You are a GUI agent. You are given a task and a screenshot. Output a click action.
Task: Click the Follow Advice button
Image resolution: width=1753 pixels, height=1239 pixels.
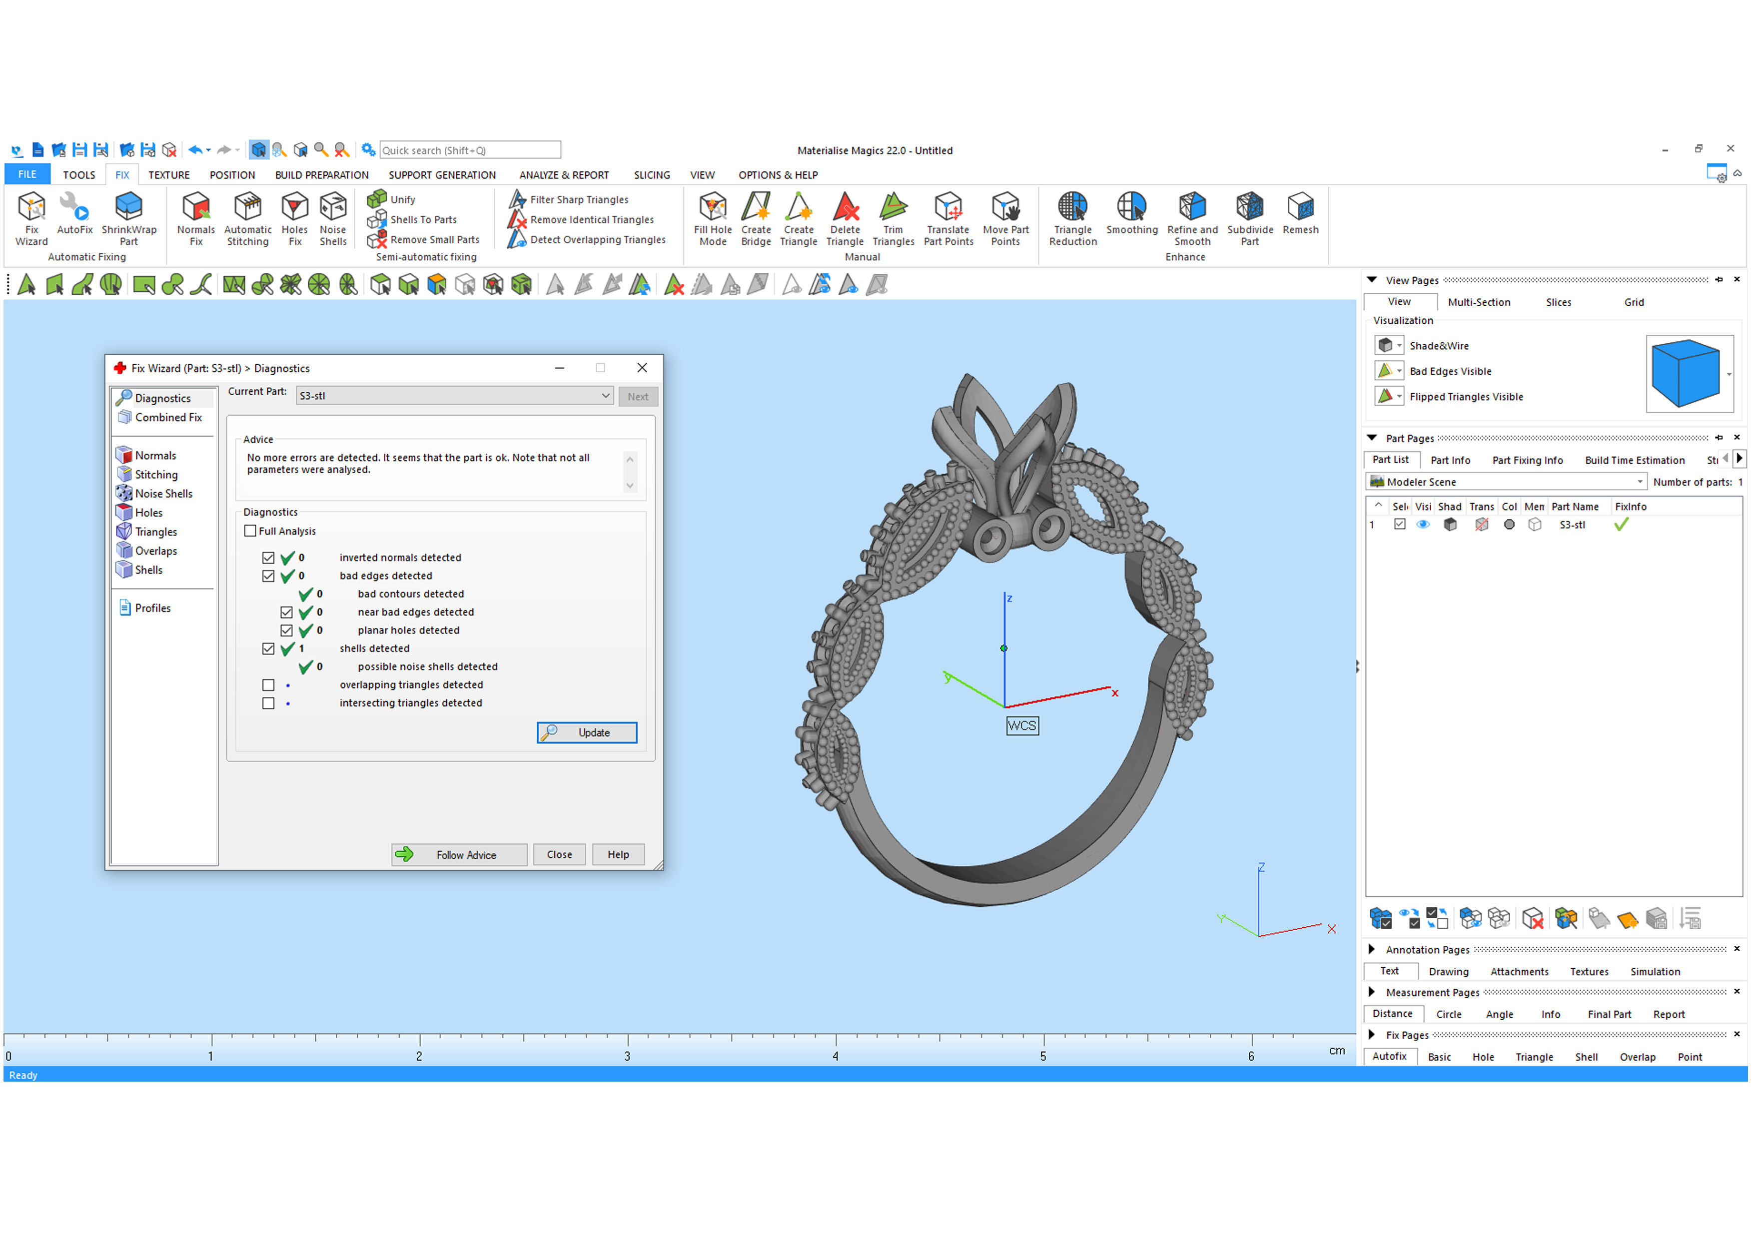coord(459,854)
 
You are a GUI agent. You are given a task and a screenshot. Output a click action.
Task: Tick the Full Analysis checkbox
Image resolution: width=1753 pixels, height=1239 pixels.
coord(250,532)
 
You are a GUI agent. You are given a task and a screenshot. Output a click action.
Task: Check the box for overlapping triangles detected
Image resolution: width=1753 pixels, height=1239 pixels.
coord(268,685)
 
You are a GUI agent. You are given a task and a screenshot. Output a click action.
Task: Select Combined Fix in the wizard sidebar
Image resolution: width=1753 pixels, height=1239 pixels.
coord(168,418)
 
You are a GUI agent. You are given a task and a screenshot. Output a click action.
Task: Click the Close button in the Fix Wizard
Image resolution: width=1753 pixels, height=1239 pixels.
coord(559,854)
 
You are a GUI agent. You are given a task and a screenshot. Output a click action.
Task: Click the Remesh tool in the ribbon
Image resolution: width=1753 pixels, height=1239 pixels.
coord(1300,215)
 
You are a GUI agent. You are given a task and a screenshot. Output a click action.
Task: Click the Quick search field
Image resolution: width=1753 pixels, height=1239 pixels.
coord(470,150)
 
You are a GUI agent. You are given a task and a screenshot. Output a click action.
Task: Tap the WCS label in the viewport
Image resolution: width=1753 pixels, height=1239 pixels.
coord(1021,725)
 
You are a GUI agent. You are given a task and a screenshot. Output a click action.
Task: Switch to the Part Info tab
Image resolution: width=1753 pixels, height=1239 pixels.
coord(1450,460)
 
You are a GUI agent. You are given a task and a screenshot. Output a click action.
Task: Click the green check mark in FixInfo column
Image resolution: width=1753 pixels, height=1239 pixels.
coord(1621,525)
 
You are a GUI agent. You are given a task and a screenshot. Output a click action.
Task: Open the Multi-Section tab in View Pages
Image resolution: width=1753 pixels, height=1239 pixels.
coord(1478,302)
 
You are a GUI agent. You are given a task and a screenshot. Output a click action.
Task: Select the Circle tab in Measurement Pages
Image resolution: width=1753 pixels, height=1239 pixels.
coord(1448,1015)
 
